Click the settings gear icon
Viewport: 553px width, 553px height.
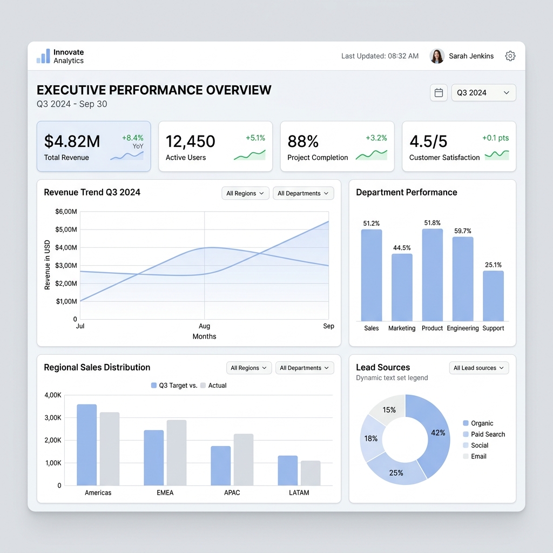click(510, 56)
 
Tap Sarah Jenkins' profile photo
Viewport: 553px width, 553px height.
click(437, 56)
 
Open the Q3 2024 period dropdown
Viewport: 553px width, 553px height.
click(483, 93)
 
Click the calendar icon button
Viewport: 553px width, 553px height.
click(439, 93)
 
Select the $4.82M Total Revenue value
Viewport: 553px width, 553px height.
click(72, 141)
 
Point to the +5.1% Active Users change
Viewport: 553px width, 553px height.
click(255, 138)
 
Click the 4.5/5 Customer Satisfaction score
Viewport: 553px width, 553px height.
click(428, 141)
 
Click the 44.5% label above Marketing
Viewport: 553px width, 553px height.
click(402, 248)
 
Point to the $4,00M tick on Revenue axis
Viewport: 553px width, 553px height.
click(66, 247)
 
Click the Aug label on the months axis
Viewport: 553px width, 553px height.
click(204, 326)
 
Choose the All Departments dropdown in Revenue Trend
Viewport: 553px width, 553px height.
click(303, 193)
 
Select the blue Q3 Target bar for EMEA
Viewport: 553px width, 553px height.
click(153, 457)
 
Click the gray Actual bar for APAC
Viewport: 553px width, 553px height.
click(243, 459)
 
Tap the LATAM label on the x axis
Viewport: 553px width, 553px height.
click(299, 493)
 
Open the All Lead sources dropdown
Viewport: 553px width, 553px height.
click(478, 368)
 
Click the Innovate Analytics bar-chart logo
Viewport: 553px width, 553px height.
click(43, 56)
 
